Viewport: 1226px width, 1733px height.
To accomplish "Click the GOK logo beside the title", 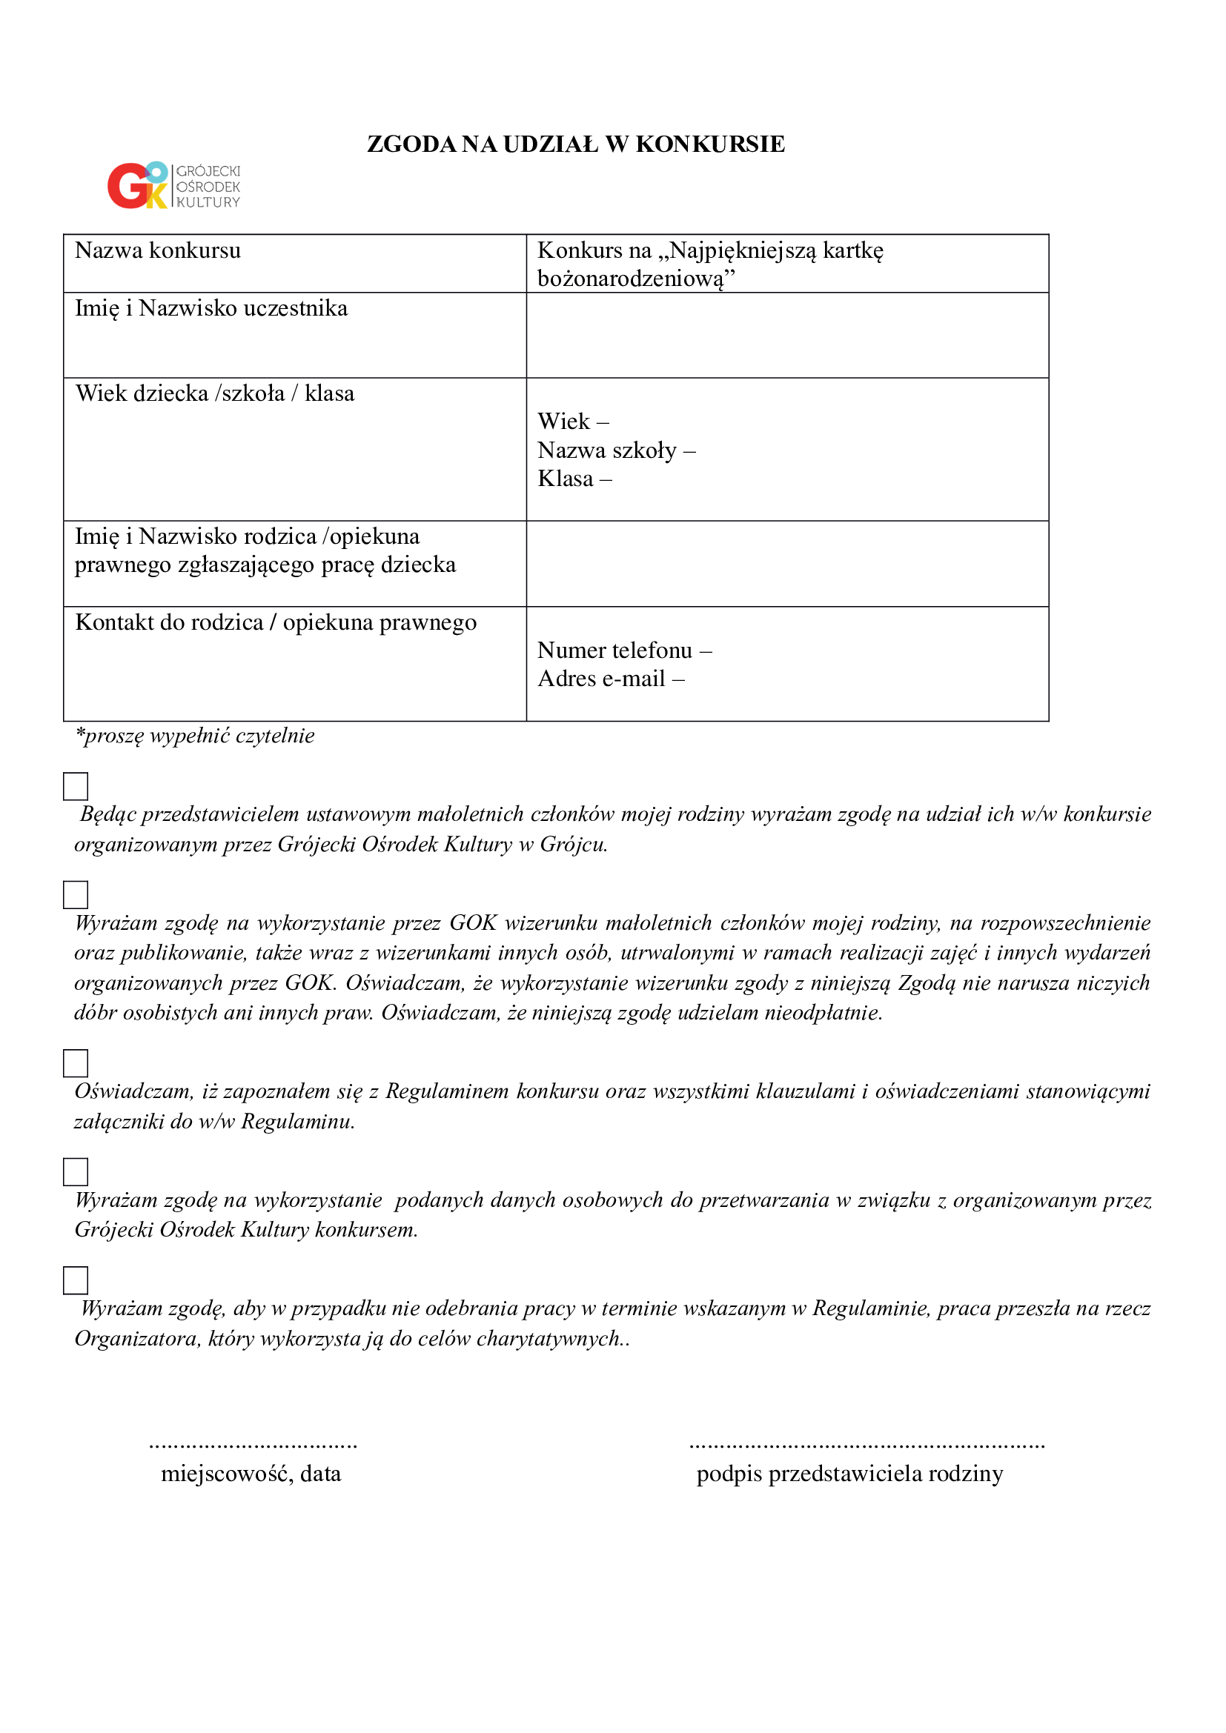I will click(173, 186).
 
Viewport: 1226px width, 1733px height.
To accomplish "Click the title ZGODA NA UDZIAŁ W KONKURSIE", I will click(575, 144).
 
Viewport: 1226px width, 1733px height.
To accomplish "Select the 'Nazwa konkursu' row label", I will click(158, 250).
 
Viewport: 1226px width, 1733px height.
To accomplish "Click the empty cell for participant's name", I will click(786, 335).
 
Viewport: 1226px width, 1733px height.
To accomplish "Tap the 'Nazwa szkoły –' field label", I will click(616, 450).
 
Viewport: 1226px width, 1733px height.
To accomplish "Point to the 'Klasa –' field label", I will click(574, 479).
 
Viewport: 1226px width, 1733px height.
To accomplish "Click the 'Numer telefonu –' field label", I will click(624, 650).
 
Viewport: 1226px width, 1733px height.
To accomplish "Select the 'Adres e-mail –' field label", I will click(611, 679).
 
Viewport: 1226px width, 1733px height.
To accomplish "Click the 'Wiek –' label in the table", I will click(573, 421).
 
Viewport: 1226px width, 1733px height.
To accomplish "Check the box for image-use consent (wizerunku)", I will click(76, 894).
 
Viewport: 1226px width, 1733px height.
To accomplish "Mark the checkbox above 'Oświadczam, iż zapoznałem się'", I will click(76, 1062).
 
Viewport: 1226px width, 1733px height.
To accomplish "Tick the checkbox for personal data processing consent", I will click(76, 1171).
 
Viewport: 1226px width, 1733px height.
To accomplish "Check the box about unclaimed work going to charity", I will click(76, 1280).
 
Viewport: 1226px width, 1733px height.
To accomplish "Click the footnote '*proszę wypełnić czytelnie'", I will click(195, 736).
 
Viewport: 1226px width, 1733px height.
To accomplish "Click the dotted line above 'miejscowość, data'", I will click(253, 1446).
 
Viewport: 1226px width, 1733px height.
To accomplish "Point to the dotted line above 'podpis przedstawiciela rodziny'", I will click(867, 1446).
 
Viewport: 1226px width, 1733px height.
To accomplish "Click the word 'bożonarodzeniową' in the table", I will click(630, 279).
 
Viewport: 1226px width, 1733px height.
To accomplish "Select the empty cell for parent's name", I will click(786, 564).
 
